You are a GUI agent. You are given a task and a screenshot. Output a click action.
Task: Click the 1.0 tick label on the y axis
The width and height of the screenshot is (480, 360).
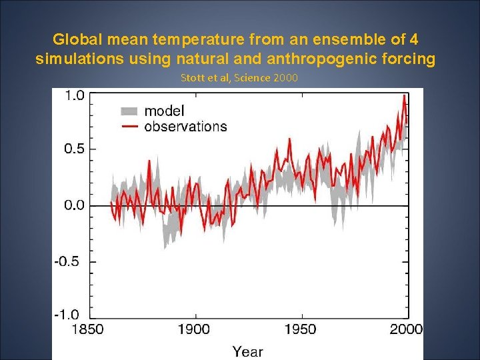click(74, 95)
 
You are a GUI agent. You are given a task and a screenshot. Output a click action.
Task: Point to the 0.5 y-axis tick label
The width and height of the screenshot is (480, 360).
click(74, 149)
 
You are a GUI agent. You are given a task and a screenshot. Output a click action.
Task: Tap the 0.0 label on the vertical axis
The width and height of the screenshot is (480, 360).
click(74, 205)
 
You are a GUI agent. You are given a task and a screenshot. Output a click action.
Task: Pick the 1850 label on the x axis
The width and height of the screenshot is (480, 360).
click(87, 329)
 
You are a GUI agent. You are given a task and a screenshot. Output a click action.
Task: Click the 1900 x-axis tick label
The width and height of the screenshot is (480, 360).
click(193, 329)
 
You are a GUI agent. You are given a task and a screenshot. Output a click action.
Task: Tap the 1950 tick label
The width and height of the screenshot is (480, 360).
click(301, 329)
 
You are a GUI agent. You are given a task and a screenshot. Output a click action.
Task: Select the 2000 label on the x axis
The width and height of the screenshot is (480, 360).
click(406, 329)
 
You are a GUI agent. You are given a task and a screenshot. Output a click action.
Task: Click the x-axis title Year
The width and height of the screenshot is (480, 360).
click(247, 351)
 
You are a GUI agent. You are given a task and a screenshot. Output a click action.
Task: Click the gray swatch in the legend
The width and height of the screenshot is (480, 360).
click(129, 111)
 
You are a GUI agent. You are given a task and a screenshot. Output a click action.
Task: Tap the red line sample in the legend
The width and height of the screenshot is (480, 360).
click(129, 126)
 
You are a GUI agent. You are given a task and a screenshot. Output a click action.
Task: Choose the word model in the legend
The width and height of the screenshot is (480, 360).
click(165, 111)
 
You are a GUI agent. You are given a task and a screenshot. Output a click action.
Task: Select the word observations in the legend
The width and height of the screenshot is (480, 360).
click(185, 126)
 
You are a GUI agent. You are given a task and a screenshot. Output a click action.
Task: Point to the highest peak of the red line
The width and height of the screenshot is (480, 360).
click(404, 96)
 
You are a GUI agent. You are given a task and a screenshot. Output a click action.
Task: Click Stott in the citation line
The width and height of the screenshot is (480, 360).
click(193, 78)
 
